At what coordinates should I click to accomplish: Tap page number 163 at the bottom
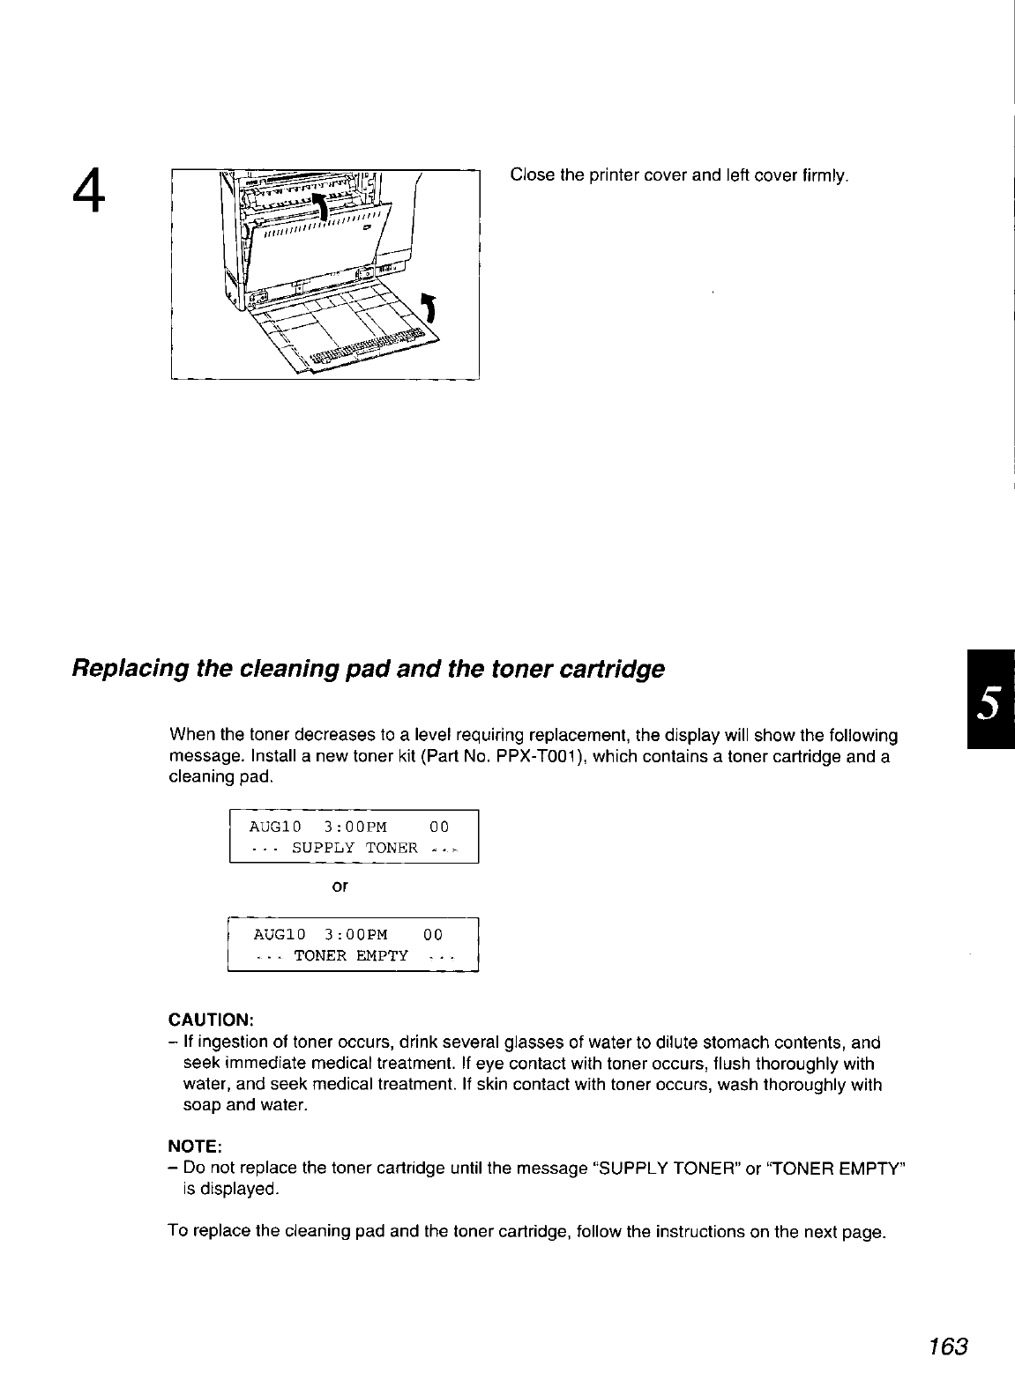pos(947,1347)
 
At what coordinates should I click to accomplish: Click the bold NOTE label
pos(194,1146)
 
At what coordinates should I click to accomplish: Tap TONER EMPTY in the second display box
pos(351,956)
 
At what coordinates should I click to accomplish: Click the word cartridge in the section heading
pos(614,670)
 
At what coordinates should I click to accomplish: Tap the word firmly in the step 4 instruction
pos(826,175)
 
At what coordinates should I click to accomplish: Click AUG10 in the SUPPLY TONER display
pos(275,827)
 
